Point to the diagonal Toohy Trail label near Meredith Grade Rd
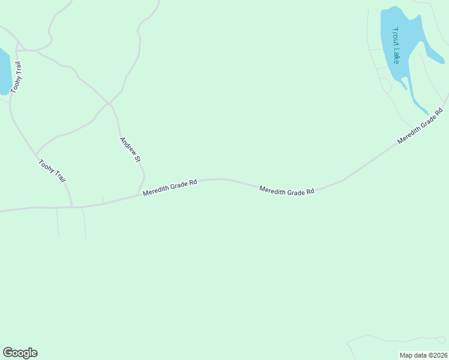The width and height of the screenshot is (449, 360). point(52,171)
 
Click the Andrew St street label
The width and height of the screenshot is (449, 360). point(130,150)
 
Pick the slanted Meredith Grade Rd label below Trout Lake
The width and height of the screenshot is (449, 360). point(420,126)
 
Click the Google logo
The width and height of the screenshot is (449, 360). point(20,353)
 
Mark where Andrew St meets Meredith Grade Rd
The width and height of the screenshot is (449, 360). point(139,194)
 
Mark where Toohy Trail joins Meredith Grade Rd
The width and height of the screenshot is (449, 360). point(72,207)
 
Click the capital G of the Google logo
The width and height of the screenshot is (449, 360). point(8,353)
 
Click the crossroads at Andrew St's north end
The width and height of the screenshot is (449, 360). point(109,103)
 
